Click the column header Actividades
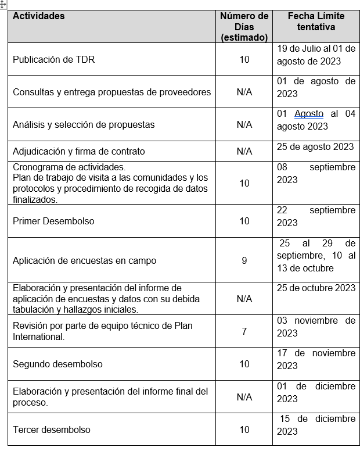click(39, 16)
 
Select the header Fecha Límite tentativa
click(316, 22)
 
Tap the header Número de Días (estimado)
click(244, 27)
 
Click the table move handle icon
click(3, 3)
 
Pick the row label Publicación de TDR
click(53, 59)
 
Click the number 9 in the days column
click(244, 260)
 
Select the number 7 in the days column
click(244, 331)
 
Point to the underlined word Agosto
click(309, 114)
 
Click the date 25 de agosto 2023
click(315, 146)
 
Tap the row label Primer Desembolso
click(53, 221)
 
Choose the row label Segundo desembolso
click(57, 364)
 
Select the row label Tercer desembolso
click(52, 429)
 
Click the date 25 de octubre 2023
click(316, 288)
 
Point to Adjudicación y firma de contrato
click(78, 151)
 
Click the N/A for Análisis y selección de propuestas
click(244, 124)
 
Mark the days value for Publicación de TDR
click(244, 59)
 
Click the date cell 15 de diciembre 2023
click(316, 425)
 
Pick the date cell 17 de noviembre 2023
click(316, 359)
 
